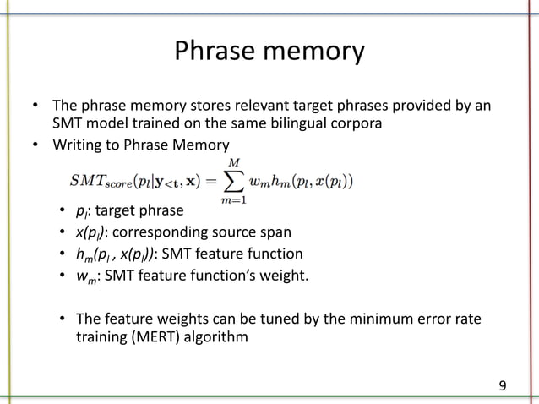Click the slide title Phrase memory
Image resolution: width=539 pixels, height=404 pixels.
tap(269, 52)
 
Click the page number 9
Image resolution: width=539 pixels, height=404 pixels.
tap(503, 386)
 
